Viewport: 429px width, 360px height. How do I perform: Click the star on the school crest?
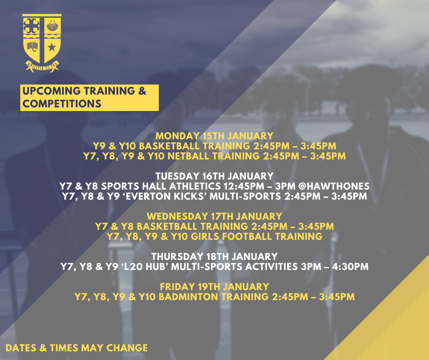point(52,48)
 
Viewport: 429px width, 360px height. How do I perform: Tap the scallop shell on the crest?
point(52,26)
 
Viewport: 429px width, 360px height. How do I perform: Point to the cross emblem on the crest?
point(31,26)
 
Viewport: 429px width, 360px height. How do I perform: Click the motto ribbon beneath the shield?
point(42,66)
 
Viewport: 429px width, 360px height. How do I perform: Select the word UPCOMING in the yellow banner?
point(52,91)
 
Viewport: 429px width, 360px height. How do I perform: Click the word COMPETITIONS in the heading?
point(62,104)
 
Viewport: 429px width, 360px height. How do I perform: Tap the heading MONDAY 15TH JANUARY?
point(214,136)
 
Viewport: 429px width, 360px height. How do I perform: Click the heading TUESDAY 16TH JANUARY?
point(214,176)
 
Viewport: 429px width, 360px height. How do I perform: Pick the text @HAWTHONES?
point(334,186)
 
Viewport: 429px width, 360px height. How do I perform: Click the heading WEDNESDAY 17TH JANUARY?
point(214,216)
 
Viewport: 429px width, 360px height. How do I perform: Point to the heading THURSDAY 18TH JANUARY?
point(214,256)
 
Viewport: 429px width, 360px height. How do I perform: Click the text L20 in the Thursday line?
point(133,267)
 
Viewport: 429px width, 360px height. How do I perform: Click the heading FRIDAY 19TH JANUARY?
point(214,286)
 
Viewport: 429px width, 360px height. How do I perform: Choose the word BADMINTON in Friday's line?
point(188,296)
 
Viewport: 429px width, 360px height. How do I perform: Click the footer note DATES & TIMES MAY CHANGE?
point(77,348)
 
